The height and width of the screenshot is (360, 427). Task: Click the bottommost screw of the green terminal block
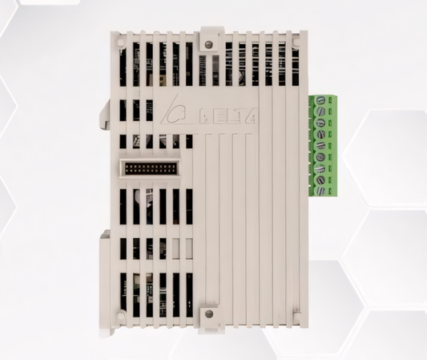[x=320, y=191]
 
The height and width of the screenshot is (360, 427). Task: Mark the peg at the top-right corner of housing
[x=301, y=37]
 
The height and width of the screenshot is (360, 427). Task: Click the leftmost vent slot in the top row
[x=124, y=64]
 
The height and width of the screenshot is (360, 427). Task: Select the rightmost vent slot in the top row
[x=294, y=64]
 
